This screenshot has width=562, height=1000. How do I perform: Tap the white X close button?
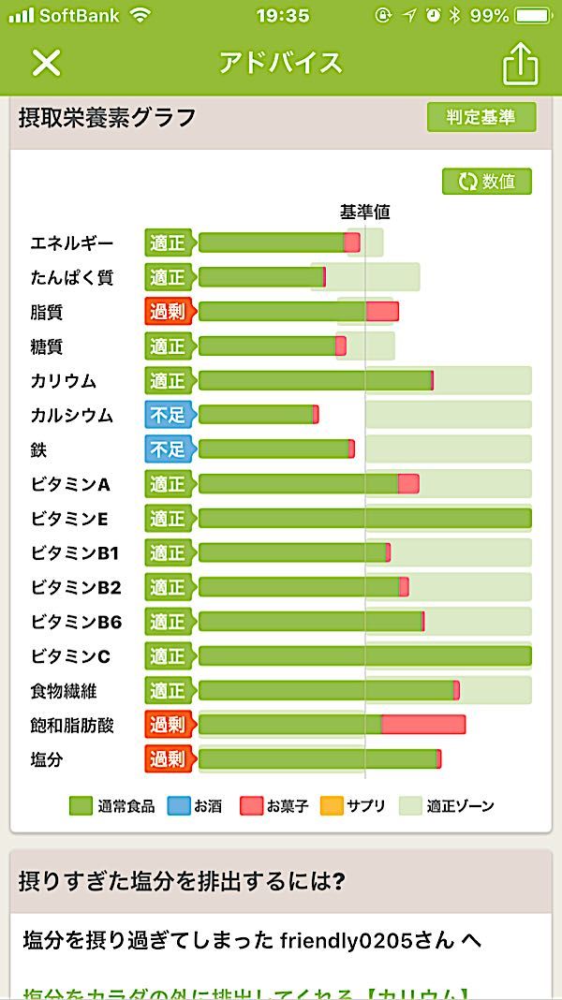click(x=46, y=63)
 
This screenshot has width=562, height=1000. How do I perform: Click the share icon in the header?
click(x=521, y=63)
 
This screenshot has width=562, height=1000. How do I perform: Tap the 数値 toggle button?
click(x=487, y=181)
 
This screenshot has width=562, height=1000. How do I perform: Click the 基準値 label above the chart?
click(x=364, y=213)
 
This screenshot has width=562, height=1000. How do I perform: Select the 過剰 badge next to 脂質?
click(x=169, y=312)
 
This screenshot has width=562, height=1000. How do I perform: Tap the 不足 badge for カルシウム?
click(x=169, y=415)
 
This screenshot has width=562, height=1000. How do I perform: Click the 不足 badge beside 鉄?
click(x=169, y=449)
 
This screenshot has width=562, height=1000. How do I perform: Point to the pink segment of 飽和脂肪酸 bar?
click(x=423, y=725)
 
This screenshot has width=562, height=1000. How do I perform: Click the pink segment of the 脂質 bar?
click(x=382, y=312)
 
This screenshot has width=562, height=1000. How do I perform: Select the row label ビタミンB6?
click(x=76, y=622)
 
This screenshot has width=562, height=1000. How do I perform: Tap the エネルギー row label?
click(x=72, y=243)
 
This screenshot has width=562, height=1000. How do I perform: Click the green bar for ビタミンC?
click(x=364, y=655)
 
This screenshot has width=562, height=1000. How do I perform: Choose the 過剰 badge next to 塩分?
click(x=169, y=759)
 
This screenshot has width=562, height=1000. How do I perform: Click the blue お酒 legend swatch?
click(x=179, y=805)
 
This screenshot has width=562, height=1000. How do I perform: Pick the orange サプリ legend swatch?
click(x=332, y=805)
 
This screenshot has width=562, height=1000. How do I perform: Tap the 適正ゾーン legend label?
click(x=460, y=805)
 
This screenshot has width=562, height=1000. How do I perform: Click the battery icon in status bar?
click(x=535, y=16)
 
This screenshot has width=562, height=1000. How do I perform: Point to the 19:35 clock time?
click(x=283, y=16)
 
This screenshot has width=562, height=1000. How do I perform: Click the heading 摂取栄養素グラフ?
click(x=108, y=118)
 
